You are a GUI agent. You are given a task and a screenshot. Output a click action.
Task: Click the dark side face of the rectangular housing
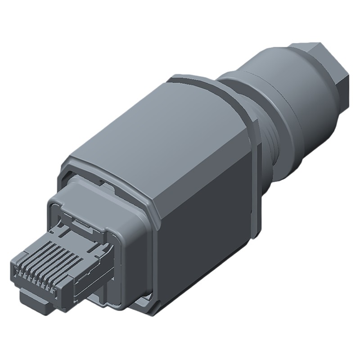coord(202,225)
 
